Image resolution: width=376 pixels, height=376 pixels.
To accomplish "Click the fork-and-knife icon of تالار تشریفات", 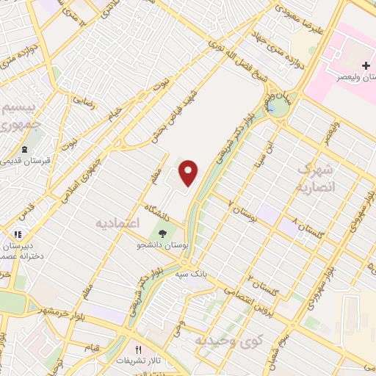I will pos(137,350).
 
